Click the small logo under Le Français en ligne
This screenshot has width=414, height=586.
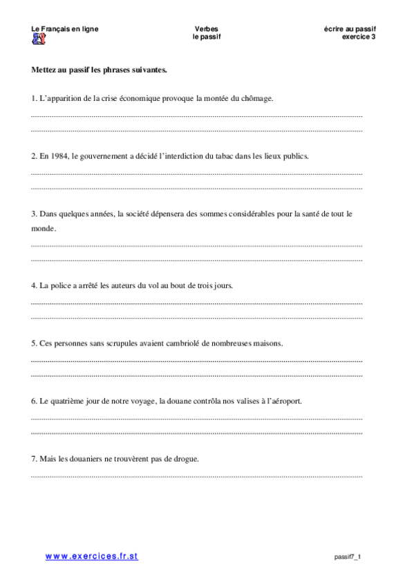39,38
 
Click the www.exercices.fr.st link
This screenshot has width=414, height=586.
92,556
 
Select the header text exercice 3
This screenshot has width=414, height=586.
359,37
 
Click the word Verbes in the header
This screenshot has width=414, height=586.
207,29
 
